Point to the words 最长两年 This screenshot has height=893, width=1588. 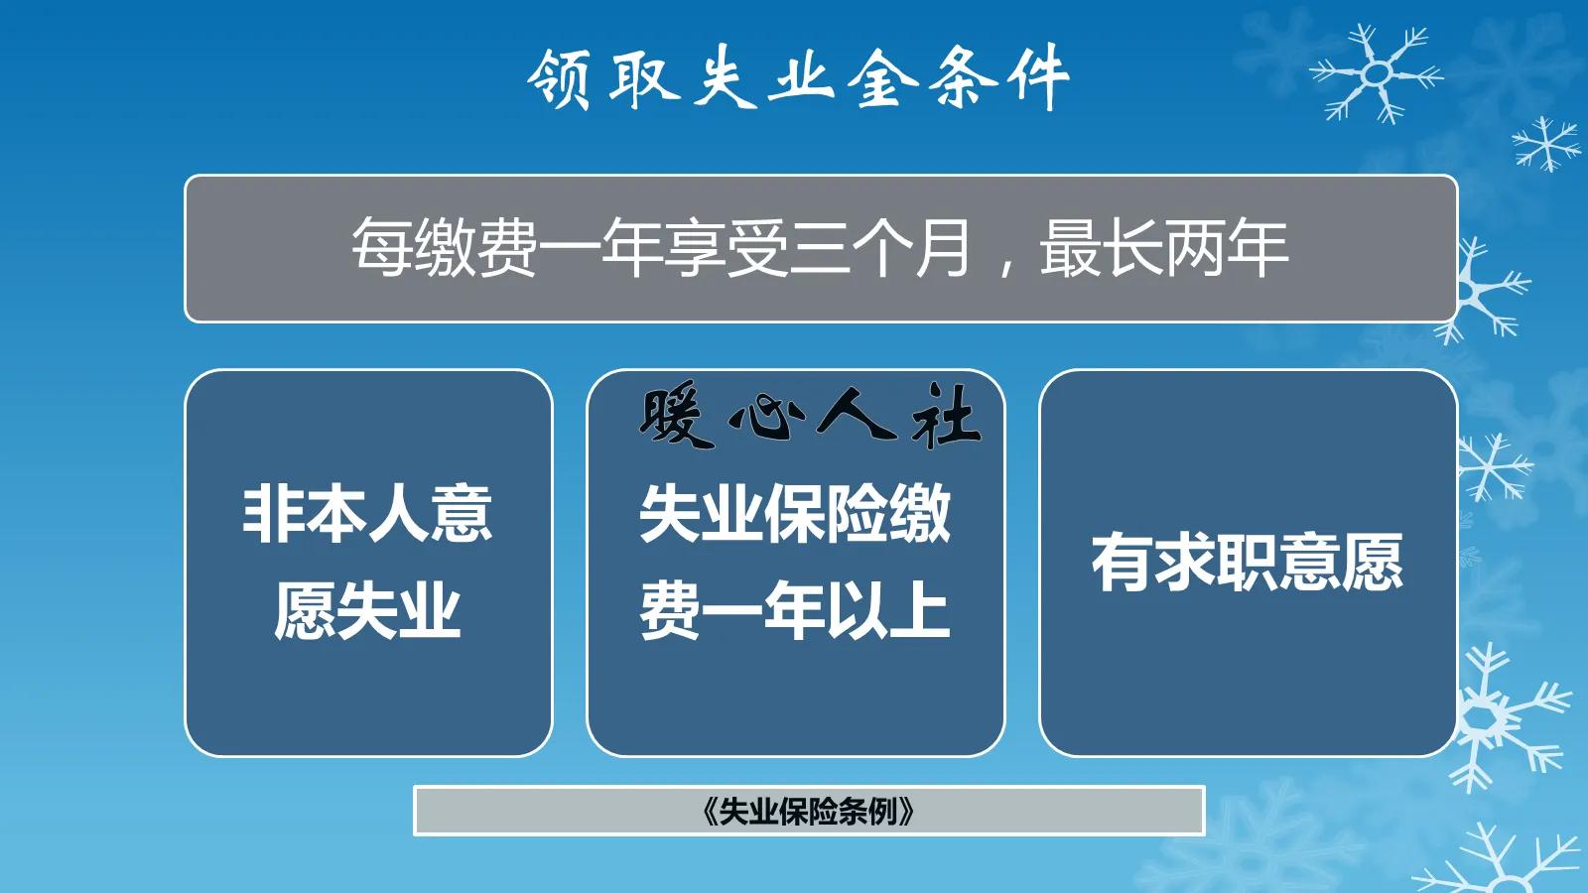coord(1163,248)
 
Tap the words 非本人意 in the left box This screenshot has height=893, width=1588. coord(367,514)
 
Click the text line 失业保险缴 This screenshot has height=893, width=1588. coord(795,514)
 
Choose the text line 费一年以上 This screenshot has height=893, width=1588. coord(795,610)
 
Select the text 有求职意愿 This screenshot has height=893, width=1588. coord(1248,563)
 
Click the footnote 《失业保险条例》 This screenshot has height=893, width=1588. coord(808,812)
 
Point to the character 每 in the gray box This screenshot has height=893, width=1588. coord(382,248)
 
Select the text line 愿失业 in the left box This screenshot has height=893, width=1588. coord(367,610)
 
